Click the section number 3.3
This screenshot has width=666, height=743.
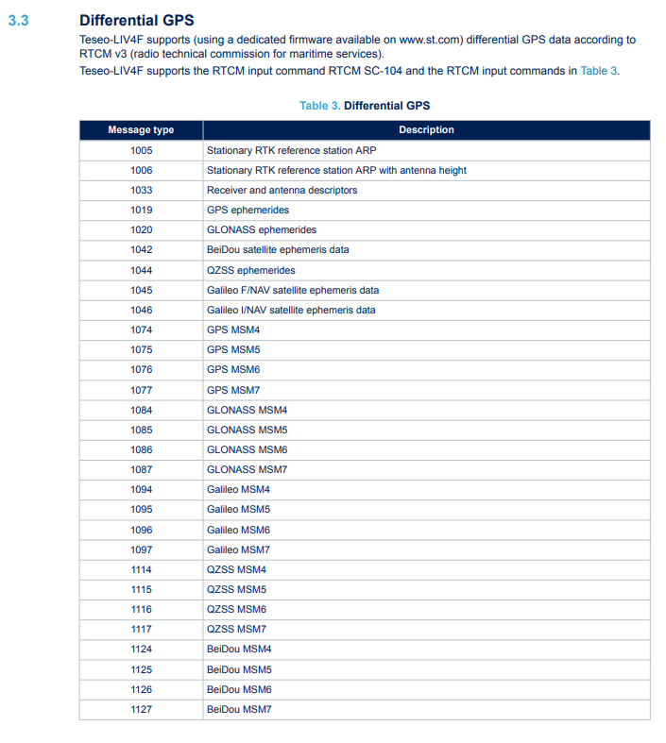coord(18,20)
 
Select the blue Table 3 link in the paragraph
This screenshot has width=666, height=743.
coord(599,70)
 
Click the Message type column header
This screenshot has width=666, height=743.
coord(141,130)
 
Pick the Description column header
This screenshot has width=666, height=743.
coord(426,130)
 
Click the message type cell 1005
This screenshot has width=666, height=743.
coord(141,150)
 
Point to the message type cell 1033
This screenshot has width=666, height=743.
coord(141,190)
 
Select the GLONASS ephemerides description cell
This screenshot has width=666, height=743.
coord(262,229)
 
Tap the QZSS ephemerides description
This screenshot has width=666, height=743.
coord(250,270)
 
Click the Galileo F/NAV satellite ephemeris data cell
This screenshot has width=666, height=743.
coord(293,290)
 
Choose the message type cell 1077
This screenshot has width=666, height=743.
coord(141,390)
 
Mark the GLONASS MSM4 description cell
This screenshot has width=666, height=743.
coord(247,410)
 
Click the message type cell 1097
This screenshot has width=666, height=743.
coord(141,549)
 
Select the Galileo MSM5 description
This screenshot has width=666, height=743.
coord(238,510)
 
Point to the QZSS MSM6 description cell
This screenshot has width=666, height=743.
coord(236,609)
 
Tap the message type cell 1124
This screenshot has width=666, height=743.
coord(141,649)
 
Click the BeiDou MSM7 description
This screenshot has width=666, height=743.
coord(239,709)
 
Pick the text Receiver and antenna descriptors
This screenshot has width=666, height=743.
coord(282,190)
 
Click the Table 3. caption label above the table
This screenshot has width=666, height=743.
coord(319,106)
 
